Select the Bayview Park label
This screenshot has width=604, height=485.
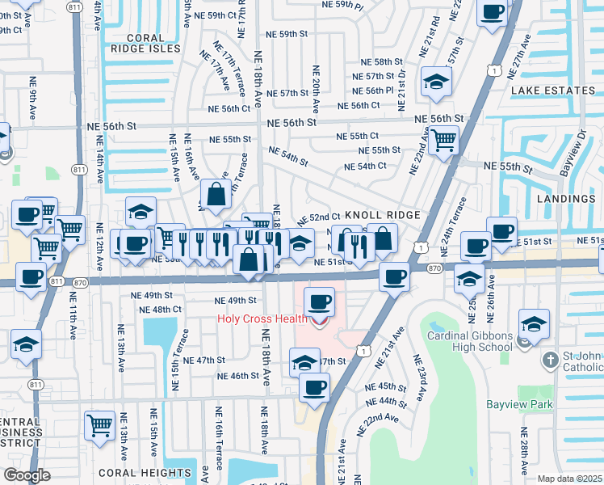(x=517, y=403)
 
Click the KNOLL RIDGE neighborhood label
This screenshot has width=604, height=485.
(x=383, y=215)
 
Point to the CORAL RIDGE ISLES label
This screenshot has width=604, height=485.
(x=155, y=37)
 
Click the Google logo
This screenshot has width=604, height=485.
(x=27, y=475)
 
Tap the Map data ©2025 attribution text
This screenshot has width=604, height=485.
(x=569, y=479)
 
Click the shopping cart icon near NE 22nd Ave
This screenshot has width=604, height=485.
(x=443, y=140)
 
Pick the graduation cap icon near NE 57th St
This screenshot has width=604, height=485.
(x=436, y=82)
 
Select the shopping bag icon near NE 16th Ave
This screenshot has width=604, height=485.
(x=215, y=194)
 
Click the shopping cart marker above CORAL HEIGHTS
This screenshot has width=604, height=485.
(x=99, y=425)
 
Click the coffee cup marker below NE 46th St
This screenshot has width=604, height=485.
(x=314, y=386)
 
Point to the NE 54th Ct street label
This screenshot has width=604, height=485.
(x=366, y=167)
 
